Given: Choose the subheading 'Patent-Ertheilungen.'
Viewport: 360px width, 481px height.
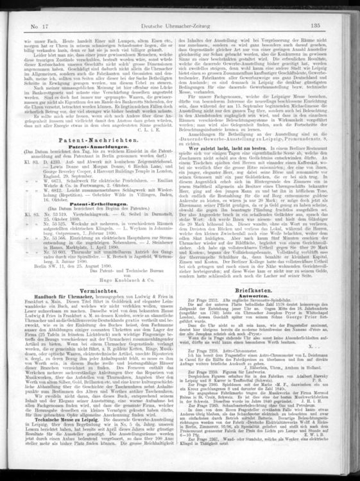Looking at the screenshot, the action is click(96, 205).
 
